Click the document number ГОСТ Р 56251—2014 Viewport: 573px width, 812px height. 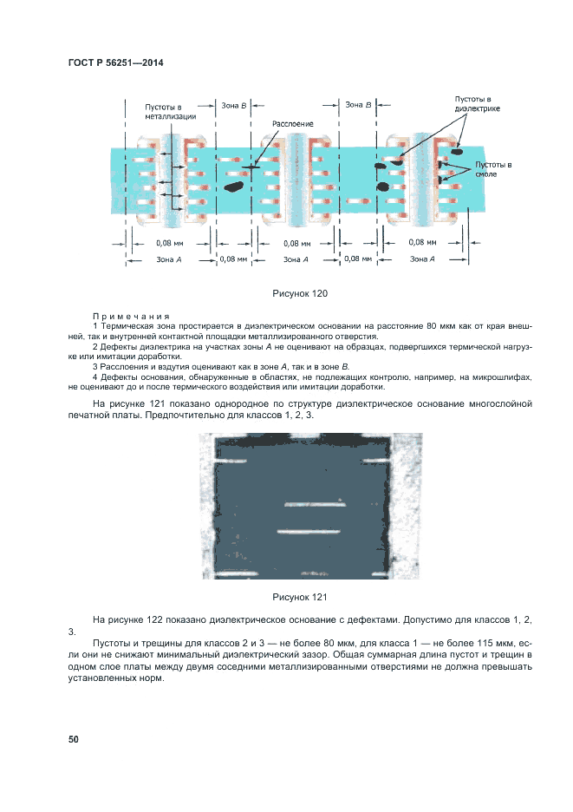point(115,62)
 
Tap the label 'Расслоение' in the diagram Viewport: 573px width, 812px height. point(293,123)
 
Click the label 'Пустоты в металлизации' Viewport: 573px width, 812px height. point(170,111)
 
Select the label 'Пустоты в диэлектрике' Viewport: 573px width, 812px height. point(477,104)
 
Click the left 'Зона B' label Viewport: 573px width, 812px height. point(234,105)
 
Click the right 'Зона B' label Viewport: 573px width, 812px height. point(358,104)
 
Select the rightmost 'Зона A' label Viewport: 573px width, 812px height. point(422,259)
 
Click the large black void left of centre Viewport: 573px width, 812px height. point(232,185)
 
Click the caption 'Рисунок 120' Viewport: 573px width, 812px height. point(299,294)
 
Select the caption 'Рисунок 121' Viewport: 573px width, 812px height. point(299,597)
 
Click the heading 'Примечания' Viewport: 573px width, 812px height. point(131,317)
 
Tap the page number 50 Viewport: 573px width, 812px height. point(73,739)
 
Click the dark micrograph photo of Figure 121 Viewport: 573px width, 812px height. point(299,507)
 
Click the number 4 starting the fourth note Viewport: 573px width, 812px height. point(94,377)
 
